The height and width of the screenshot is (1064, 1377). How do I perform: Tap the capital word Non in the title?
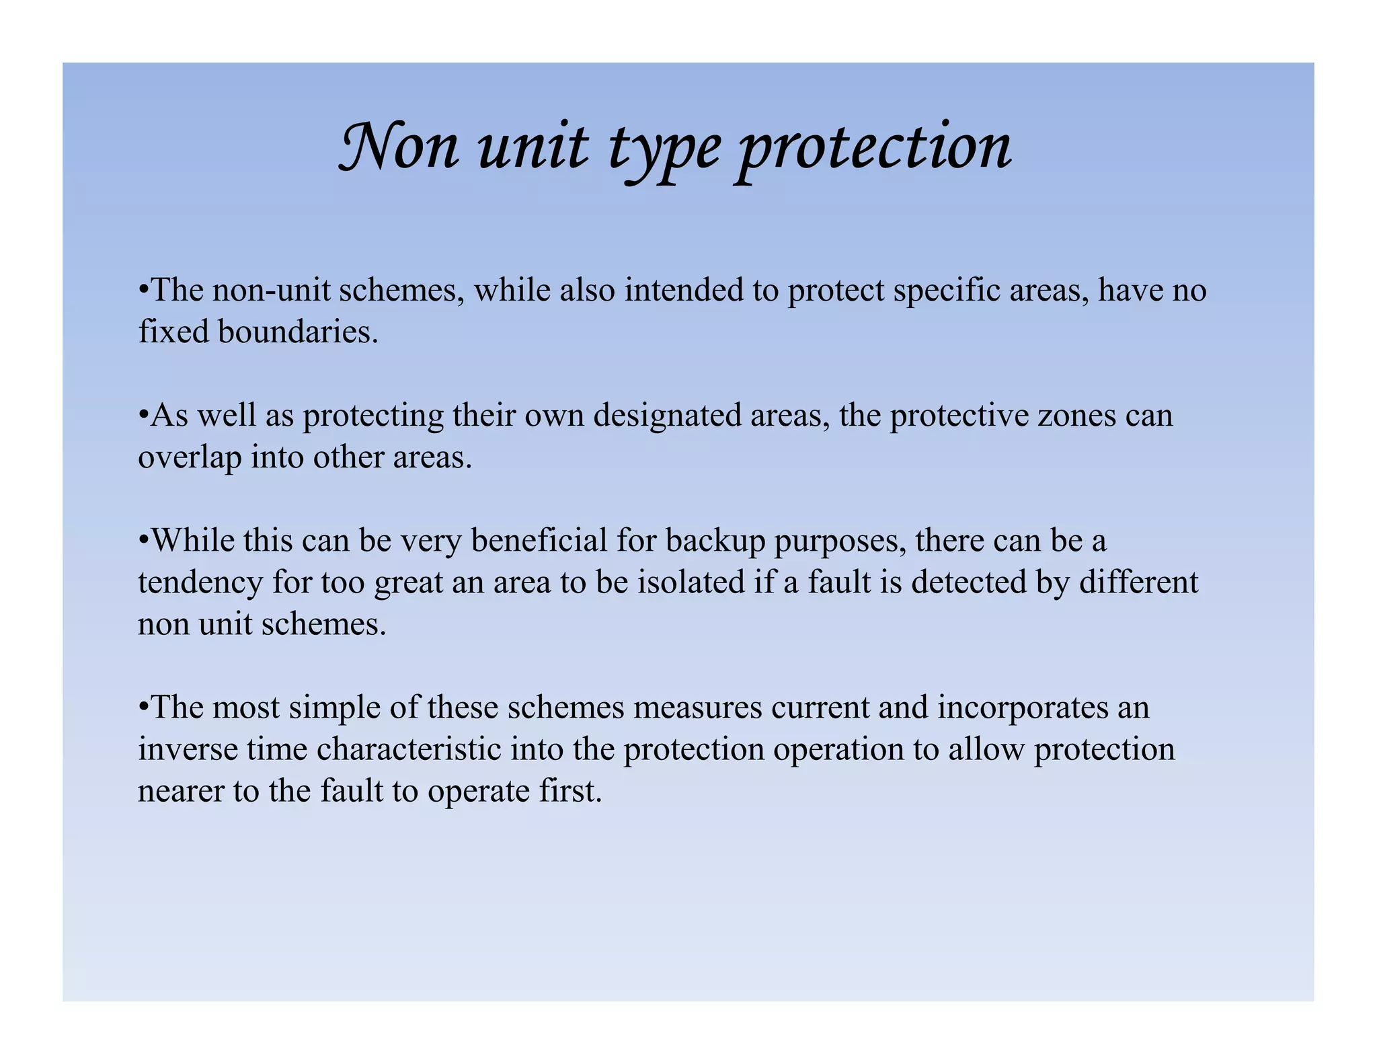click(x=399, y=146)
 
